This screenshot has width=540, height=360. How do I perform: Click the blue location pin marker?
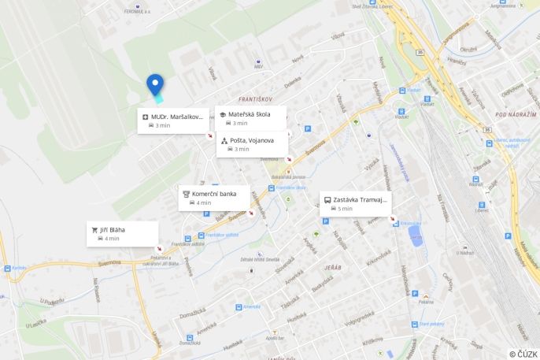[x=155, y=84]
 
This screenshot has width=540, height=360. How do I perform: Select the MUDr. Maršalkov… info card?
[x=173, y=121]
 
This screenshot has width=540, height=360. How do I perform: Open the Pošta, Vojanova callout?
[x=252, y=140]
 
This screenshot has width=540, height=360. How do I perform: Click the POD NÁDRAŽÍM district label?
[x=516, y=114]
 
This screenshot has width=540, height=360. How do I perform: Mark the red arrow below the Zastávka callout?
[x=393, y=219]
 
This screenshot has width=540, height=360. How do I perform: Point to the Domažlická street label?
[x=192, y=314]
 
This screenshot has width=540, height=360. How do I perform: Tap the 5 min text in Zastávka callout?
[x=345, y=209]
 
